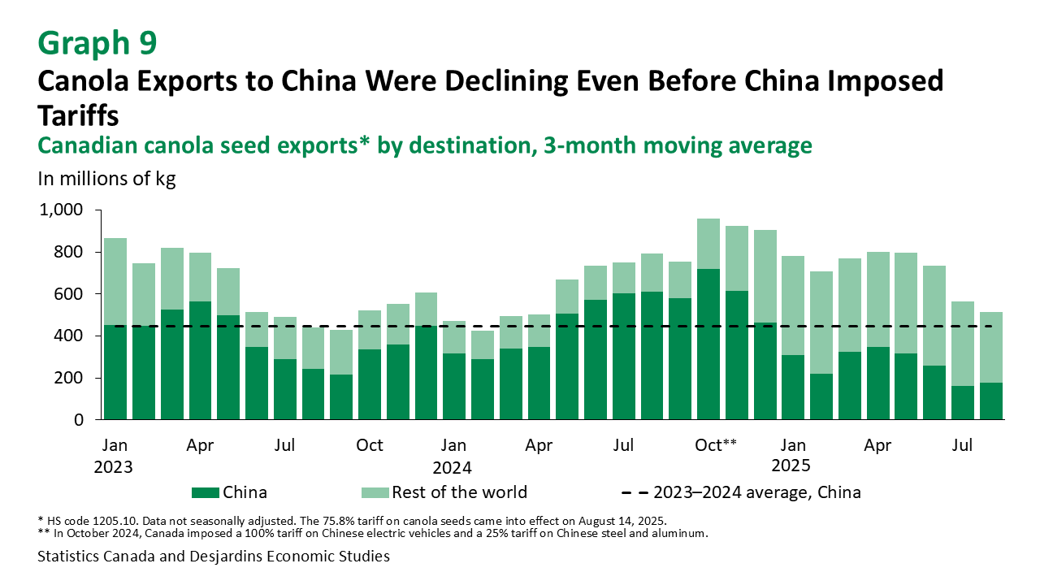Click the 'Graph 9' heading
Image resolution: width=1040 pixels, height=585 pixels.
click(x=98, y=42)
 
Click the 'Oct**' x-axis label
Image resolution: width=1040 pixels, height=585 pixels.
click(x=717, y=445)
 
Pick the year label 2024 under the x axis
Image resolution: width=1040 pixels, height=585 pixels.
click(x=453, y=467)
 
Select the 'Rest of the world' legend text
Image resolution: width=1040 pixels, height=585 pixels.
click(x=459, y=492)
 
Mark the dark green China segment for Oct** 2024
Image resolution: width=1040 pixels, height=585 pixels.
click(x=708, y=344)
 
